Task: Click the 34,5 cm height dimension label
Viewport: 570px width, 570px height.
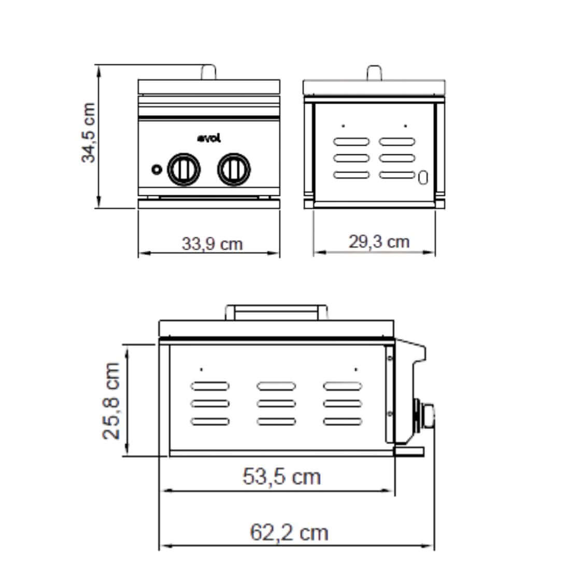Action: (89, 133)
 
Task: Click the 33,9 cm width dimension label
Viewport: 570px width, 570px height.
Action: (211, 243)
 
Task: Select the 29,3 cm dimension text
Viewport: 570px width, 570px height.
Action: (378, 241)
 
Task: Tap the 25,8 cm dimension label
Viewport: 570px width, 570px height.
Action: (111, 401)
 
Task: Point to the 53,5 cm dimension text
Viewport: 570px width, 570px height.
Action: (281, 476)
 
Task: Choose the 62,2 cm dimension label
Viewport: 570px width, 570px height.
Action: (289, 532)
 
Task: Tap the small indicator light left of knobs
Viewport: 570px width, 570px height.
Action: (155, 169)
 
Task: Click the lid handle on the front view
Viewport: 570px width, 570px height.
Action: (208, 72)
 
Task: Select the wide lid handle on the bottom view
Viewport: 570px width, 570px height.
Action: (276, 312)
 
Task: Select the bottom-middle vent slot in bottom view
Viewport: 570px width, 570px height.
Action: (276, 420)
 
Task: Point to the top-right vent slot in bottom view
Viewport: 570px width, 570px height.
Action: (342, 386)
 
